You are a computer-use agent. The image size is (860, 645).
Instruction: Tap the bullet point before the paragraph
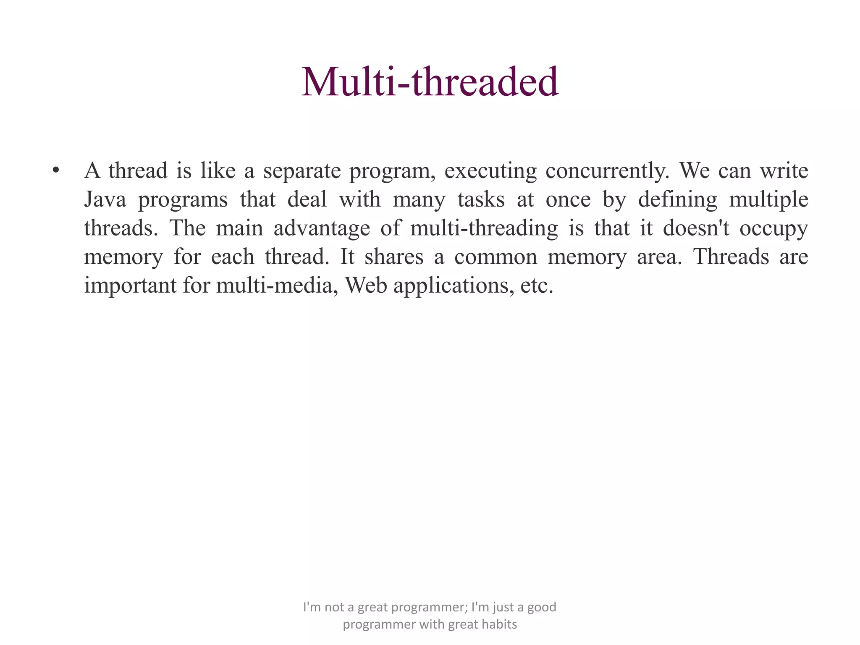click(55, 171)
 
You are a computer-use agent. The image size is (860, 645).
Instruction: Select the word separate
click(302, 171)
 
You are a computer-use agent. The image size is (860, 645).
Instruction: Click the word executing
click(490, 171)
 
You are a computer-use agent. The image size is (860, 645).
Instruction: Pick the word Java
click(105, 199)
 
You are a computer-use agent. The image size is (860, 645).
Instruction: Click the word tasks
click(481, 199)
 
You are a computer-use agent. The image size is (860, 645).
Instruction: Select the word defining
click(678, 199)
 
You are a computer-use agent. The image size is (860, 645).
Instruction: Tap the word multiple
click(768, 199)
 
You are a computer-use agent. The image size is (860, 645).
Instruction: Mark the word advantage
click(322, 228)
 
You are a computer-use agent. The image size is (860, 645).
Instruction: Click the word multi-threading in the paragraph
click(484, 228)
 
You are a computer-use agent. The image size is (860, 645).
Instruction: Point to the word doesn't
click(696, 228)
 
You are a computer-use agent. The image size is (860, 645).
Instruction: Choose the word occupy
click(773, 229)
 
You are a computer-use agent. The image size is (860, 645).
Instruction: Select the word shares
click(394, 257)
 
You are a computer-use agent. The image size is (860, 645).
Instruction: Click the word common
click(496, 257)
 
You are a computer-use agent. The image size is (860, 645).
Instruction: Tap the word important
click(130, 286)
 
